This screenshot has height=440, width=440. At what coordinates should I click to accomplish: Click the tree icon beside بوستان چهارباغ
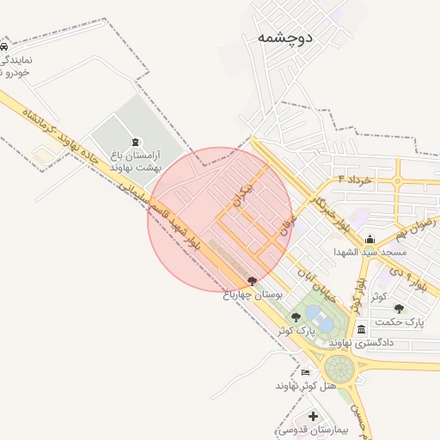pyautogui.click(x=252, y=281)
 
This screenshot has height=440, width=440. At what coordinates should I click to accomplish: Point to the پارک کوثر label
pyautogui.click(x=296, y=330)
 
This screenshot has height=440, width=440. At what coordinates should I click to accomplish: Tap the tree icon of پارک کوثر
pyautogui.click(x=296, y=317)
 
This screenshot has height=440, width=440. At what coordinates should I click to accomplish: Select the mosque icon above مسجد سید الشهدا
pyautogui.click(x=370, y=240)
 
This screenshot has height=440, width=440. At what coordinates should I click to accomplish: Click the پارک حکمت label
pyautogui.click(x=401, y=321)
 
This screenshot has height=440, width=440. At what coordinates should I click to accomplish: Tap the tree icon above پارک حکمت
pyautogui.click(x=398, y=308)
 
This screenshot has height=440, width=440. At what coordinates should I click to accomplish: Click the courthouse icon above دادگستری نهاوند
pyautogui.click(x=360, y=329)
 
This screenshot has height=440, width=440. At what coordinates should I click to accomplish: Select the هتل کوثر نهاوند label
pyautogui.click(x=304, y=385)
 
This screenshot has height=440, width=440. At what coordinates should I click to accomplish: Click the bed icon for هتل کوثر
pyautogui.click(x=306, y=372)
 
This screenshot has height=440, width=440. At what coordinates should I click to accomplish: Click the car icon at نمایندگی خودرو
pyautogui.click(x=4, y=46)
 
